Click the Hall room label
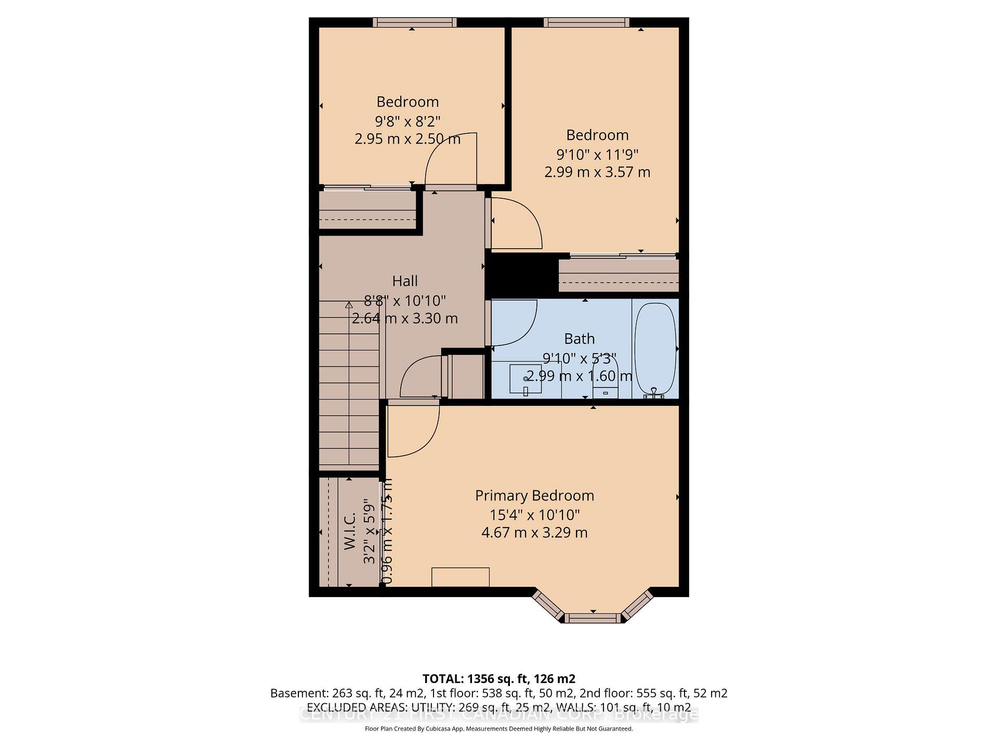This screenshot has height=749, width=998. tap(404, 281)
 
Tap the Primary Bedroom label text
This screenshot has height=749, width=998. tap(534, 496)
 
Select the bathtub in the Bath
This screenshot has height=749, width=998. tap(655, 348)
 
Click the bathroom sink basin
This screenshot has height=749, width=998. tap(525, 379)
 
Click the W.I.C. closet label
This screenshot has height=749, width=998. tap(350, 531)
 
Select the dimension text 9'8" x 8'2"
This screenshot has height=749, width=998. tap(408, 121)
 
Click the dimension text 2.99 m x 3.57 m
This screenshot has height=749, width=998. tap(597, 172)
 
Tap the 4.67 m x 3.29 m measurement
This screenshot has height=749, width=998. tap(534, 533)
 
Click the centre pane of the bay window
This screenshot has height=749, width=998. tap(593, 618)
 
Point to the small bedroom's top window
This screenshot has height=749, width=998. tap(414, 22)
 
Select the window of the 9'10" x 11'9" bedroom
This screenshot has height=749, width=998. tap(586, 22)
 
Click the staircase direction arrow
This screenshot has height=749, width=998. tap(349, 305)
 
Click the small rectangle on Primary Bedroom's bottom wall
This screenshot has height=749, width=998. tap(460, 577)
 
